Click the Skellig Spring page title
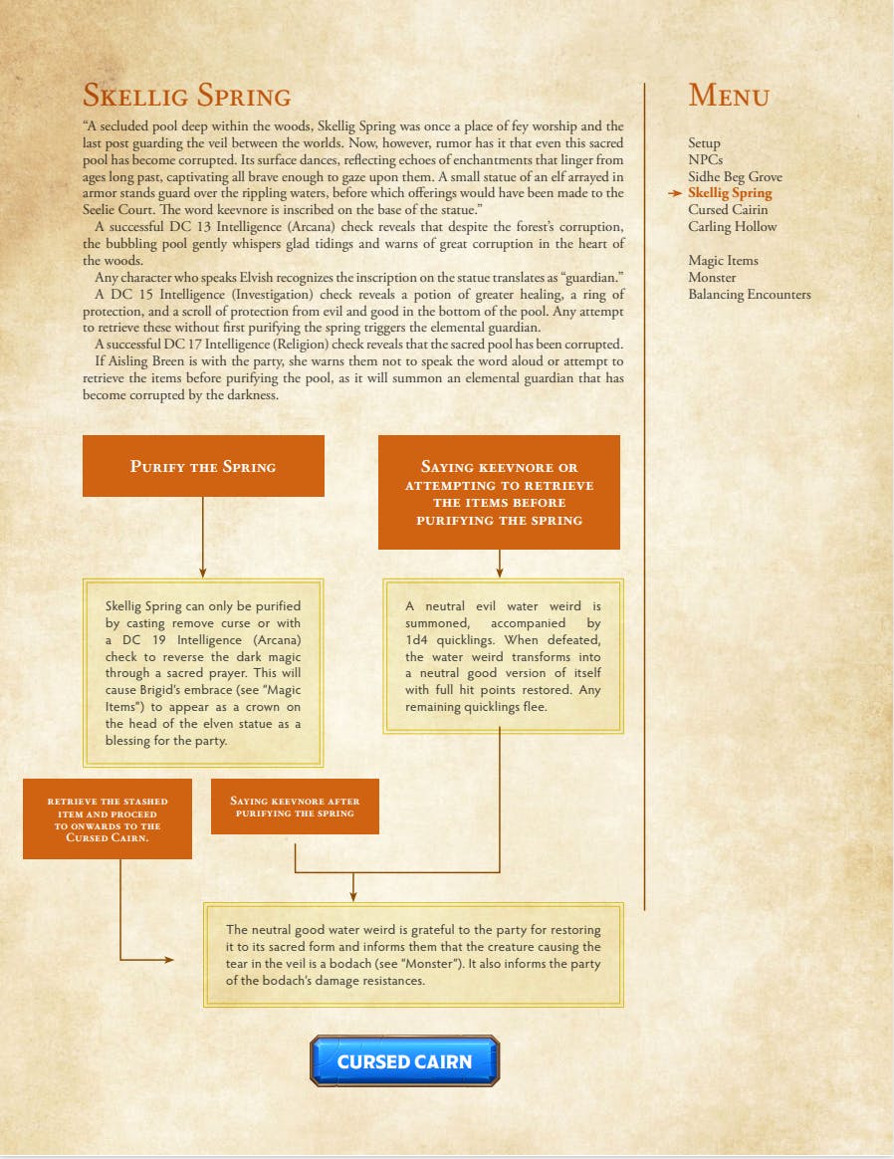(186, 97)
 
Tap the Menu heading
(729, 97)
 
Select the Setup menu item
(704, 143)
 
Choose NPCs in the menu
(705, 159)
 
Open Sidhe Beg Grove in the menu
(735, 176)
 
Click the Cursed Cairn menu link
(728, 210)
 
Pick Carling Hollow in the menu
(732, 227)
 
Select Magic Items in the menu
(723, 261)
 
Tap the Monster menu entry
(712, 278)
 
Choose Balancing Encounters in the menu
(749, 295)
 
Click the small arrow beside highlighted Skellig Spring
(676, 193)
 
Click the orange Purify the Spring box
(203, 466)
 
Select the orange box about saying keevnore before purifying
(499, 493)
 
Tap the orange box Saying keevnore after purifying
(295, 807)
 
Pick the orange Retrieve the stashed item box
(108, 819)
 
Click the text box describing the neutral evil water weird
(503, 656)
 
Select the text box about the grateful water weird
(413, 955)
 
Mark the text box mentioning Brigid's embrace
(203, 673)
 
